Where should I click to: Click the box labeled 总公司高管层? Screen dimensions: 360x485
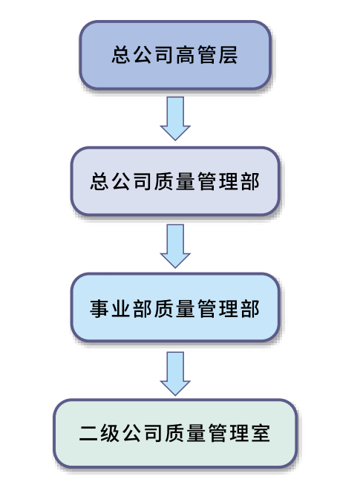pos(175,55)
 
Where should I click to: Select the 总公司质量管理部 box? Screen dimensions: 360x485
pos(175,181)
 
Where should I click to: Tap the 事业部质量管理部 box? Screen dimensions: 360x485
pos(175,307)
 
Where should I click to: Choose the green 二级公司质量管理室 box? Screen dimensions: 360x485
pos(175,433)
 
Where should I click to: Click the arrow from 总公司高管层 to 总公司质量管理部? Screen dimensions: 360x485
pos(175,119)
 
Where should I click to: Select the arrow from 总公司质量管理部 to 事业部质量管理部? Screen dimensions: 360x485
pos(175,246)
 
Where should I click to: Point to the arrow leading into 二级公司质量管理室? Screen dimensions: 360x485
pos(175,374)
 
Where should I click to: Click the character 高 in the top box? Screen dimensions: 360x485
pos(186,55)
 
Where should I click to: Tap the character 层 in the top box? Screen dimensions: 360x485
pos(229,55)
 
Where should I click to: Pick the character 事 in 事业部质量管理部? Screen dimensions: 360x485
pos(100,308)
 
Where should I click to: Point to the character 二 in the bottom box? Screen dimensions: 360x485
pos(89,433)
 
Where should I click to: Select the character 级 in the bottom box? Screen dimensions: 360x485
pos(111,433)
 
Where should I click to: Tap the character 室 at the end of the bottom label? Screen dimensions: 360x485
pos(261,433)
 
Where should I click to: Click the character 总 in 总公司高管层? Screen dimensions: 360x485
pos(122,55)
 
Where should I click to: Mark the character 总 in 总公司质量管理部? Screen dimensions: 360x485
pos(100,181)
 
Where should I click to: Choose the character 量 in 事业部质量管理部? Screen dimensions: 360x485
pos(186,308)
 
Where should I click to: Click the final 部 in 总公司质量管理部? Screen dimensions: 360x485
pos(250,181)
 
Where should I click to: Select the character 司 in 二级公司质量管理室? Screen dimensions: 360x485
pos(154,433)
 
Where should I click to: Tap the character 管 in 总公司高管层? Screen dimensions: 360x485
pos(207,55)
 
